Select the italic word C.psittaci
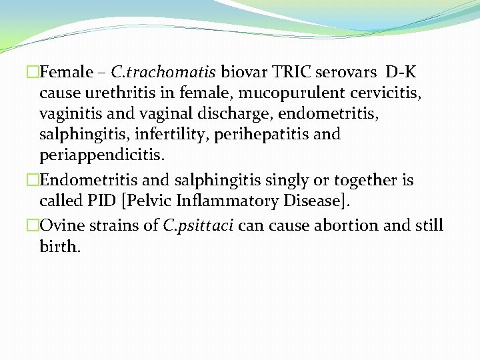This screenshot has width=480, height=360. click(x=198, y=225)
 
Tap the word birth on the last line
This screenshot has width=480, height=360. click(x=59, y=247)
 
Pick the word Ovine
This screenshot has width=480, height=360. click(x=61, y=225)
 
